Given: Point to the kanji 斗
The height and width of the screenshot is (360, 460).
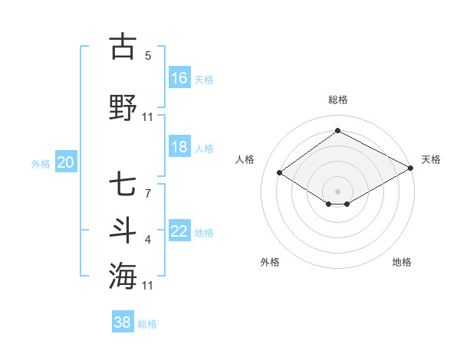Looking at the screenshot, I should coord(123,231).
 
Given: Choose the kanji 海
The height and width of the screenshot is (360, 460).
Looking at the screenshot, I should coord(123,275).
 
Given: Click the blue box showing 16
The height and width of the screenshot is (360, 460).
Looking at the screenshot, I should coord(179,77).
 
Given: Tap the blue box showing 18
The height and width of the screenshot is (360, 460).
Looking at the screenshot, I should coord(179,147).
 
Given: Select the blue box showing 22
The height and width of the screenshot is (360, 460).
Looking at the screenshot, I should coord(179,231).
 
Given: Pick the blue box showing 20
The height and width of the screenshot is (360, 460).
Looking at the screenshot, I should coord(66,162).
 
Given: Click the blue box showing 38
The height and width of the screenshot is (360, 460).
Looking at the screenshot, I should coord(123,322).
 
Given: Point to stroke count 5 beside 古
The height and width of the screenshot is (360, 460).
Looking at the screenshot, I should coord(148,56).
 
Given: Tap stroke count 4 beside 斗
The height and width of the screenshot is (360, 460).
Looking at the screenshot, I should coord(148,241).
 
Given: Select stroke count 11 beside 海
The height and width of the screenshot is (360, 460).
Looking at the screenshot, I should coord(148,286).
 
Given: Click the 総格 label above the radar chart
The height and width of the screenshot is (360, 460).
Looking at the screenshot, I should coord(337,100).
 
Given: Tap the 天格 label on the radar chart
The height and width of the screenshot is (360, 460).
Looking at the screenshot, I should coord(431,159).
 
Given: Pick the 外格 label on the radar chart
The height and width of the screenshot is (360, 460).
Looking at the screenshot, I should coord(270,262).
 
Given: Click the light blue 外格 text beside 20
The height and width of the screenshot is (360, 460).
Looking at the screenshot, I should coord(41,163).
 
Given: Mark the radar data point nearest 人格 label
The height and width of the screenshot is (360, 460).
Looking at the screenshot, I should coord(280,173).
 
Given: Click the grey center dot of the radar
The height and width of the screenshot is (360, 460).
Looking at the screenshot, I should coord(337,190).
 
